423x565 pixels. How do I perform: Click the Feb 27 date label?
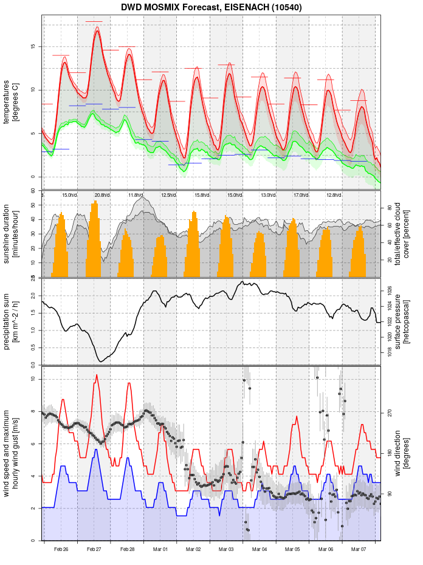[94, 549]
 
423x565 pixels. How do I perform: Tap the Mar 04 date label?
[260, 549]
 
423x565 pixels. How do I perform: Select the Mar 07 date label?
[359, 549]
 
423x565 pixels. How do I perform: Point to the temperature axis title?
[11, 100]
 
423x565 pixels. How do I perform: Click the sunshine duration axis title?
[11, 234]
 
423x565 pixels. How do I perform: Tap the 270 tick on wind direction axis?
[389, 413]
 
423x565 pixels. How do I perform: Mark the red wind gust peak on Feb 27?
[96, 375]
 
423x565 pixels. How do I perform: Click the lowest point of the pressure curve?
[101, 361]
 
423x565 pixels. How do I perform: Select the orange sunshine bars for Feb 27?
[94, 243]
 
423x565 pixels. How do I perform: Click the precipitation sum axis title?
[11, 321]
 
